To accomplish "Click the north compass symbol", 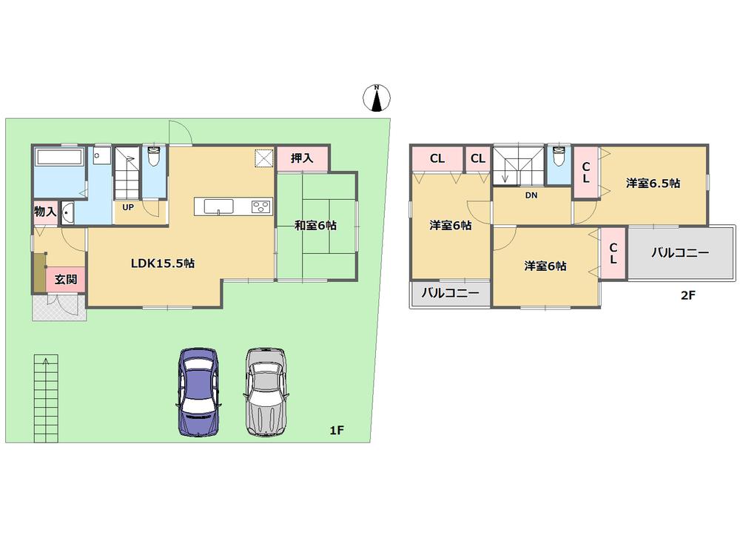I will (377, 98).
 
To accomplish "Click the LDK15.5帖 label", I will (163, 263).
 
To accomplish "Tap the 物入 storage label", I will (45, 212).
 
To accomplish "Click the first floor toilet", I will (154, 158).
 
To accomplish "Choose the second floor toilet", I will (558, 158).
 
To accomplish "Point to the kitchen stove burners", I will (261, 206).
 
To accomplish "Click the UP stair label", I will (128, 207).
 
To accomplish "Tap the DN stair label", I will (531, 196).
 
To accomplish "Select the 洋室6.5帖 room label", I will (653, 183).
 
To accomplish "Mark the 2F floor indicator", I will (688, 295).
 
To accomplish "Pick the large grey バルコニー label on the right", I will (680, 252).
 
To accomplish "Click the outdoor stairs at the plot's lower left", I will (45, 396).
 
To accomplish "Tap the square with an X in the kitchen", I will (263, 159).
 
